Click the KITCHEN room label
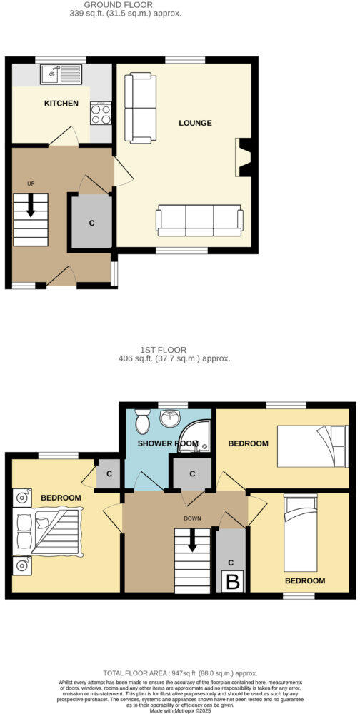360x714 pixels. [61, 104]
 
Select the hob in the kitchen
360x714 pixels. [100, 112]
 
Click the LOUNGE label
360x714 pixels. [195, 123]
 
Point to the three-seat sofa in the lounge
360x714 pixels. [199, 221]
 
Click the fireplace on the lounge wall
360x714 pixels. [244, 157]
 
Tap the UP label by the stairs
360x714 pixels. [31, 183]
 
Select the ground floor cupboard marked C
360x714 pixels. [91, 222]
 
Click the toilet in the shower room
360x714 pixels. [141, 423]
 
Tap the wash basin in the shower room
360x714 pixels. [171, 418]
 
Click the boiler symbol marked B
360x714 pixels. [233, 582]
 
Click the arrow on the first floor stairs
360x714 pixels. [191, 543]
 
